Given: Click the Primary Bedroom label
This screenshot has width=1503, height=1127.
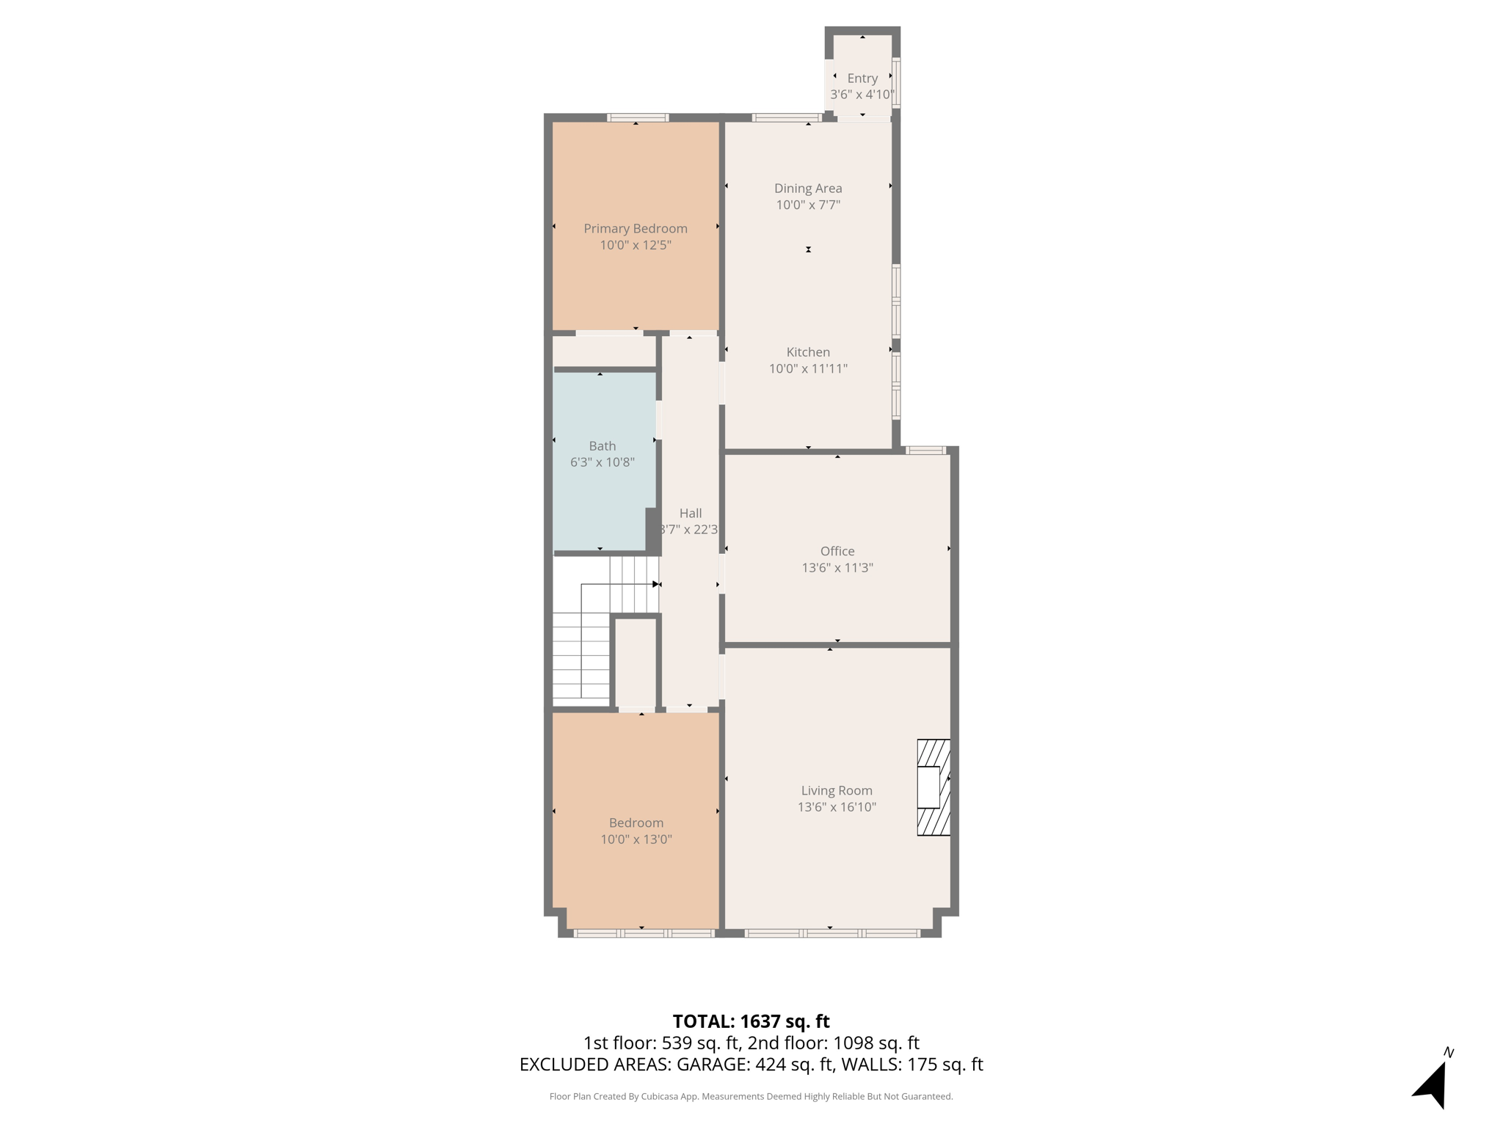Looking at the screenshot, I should [x=635, y=228].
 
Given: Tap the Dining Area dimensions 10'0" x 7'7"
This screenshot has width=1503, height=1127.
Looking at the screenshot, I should [x=808, y=205].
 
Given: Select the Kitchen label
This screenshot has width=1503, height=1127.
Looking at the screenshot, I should [x=808, y=352].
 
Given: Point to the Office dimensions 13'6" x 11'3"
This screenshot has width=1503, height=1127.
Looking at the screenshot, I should [x=837, y=568].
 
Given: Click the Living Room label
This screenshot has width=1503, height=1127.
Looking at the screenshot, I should [x=837, y=790].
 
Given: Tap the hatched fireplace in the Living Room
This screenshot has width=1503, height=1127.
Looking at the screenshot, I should [x=934, y=787].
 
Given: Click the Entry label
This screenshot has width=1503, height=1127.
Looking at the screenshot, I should [x=862, y=78].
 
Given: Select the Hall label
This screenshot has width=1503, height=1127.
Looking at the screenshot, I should [x=690, y=514].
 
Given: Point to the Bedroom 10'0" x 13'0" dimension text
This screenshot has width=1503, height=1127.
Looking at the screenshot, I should [x=636, y=839].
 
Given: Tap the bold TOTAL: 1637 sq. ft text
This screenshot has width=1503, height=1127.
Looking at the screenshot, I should [x=751, y=1021].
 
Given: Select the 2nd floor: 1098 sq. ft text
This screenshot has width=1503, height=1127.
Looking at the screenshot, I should [x=833, y=1043].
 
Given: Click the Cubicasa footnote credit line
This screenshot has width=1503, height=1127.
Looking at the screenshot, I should [x=751, y=1096].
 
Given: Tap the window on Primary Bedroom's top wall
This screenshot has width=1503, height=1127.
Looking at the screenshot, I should [x=638, y=117].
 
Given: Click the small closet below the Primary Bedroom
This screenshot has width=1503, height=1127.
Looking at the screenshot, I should [x=603, y=351].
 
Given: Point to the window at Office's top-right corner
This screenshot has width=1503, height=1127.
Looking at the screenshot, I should [x=925, y=450].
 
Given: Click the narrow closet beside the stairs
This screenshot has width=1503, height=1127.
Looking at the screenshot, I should [x=635, y=663].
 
